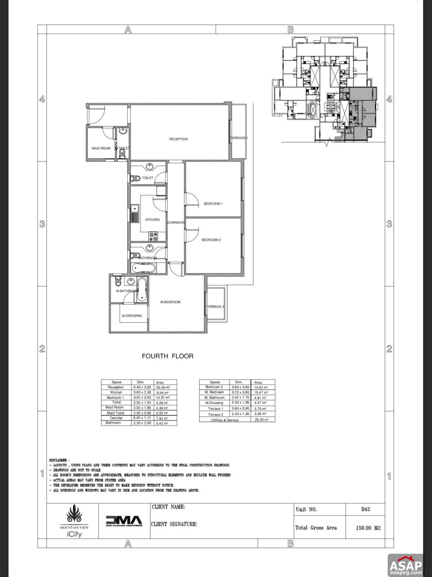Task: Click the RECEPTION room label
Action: point(178,139)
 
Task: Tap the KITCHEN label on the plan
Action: point(152,220)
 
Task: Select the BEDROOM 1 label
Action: point(213,204)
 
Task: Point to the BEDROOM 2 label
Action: point(211,240)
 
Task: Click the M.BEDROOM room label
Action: point(171,302)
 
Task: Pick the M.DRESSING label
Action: point(132,316)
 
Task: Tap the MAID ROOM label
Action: point(101,148)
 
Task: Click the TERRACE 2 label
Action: point(215,307)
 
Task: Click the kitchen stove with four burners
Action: point(153,236)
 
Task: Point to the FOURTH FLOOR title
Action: point(168,356)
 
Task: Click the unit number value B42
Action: point(365,509)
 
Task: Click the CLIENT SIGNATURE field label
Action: point(174,524)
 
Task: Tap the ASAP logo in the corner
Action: point(405,564)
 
